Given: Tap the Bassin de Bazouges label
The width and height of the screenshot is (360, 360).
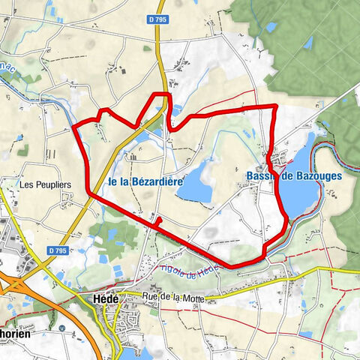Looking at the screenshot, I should [293, 175].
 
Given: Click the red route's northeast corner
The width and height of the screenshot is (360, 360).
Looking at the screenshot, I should [275, 107].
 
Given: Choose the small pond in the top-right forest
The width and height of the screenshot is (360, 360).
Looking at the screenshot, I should [270, 28].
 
